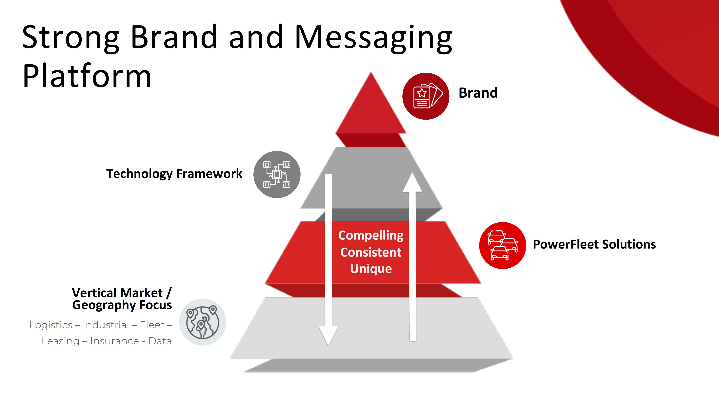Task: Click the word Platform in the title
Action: point(87,76)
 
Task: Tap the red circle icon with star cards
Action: point(426,96)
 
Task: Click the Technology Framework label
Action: point(174,174)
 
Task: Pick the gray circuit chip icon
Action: point(277,175)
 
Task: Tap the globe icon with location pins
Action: point(203,322)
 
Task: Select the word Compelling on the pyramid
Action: point(371,235)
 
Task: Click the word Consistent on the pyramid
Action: point(371,252)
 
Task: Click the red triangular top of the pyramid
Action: point(371,112)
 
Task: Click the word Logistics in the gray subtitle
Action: point(51,325)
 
